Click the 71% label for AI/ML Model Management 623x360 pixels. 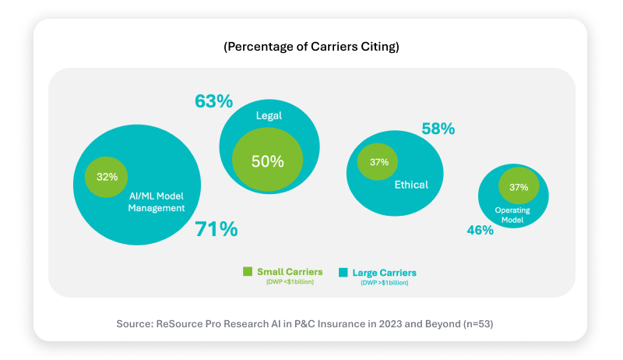pyautogui.click(x=216, y=229)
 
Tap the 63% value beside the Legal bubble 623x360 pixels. pyautogui.click(x=213, y=101)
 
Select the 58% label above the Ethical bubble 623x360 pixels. pyautogui.click(x=438, y=129)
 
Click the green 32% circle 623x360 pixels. pyautogui.click(x=107, y=176)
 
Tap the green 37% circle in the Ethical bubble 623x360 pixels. pyautogui.click(x=378, y=162)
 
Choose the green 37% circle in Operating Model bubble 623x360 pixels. pyautogui.click(x=519, y=187)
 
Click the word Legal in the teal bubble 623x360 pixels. pyautogui.click(x=269, y=115)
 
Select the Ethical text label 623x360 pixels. pyautogui.click(x=411, y=185)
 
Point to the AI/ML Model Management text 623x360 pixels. pyautogui.click(x=157, y=203)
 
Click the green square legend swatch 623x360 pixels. pyautogui.click(x=248, y=272)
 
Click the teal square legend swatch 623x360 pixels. pyautogui.click(x=343, y=272)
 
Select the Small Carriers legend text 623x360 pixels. pyautogui.click(x=289, y=272)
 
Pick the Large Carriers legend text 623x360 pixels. pyautogui.click(x=384, y=273)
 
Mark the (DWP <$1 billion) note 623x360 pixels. pyautogui.click(x=289, y=282)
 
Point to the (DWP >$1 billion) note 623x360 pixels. pyautogui.click(x=384, y=283)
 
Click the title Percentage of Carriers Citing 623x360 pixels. pyautogui.click(x=311, y=47)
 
